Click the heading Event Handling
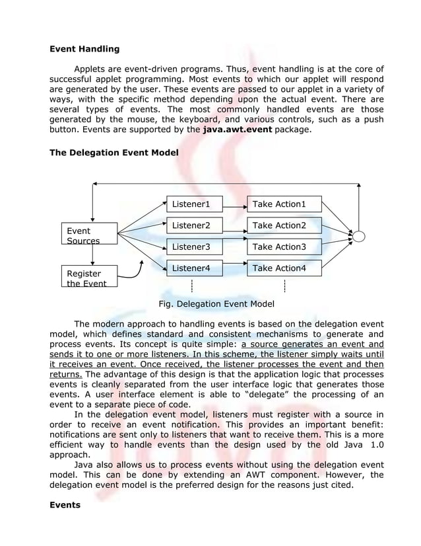click(x=85, y=49)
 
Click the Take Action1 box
click(x=284, y=204)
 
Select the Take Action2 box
click(x=284, y=225)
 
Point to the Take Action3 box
click(x=284, y=247)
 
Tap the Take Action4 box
click(x=284, y=268)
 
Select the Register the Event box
click(x=87, y=277)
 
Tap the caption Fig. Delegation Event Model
click(x=216, y=304)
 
